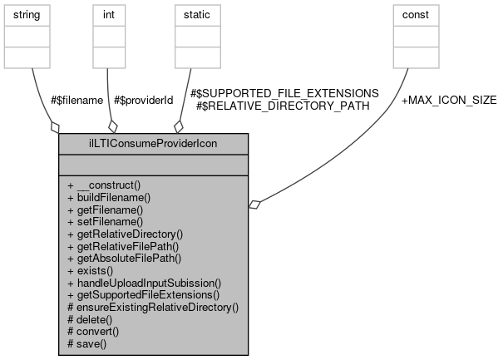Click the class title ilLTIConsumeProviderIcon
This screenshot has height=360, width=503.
[x=153, y=142]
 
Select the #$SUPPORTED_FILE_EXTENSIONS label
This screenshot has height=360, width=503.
[x=284, y=93]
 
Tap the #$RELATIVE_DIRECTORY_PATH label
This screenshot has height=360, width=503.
[x=278, y=106]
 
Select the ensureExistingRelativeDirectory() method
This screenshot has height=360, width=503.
[x=153, y=307]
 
